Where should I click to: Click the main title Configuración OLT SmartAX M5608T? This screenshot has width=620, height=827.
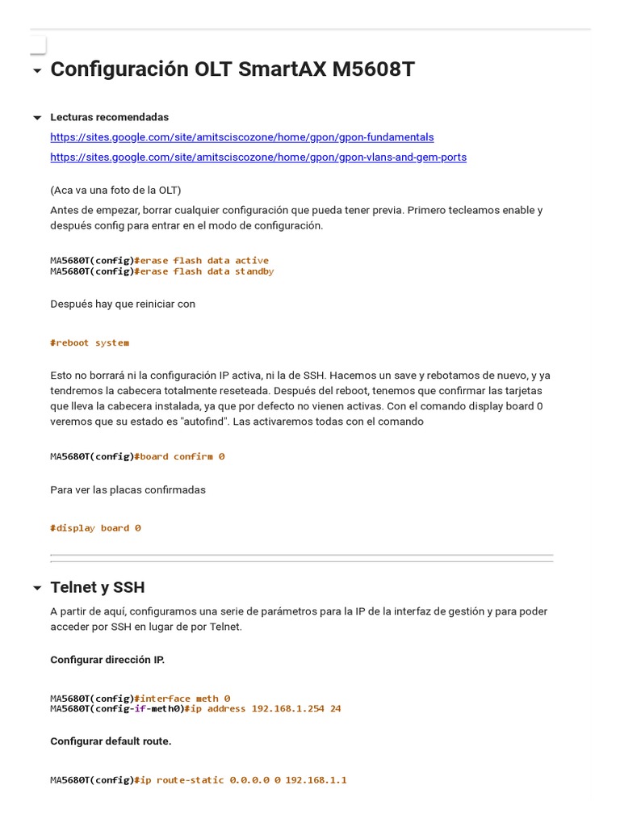[x=232, y=70]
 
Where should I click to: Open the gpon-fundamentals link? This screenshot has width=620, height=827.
[x=242, y=137]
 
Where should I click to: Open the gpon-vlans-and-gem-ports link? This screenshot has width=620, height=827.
[x=258, y=157]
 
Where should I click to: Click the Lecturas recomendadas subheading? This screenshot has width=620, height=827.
[x=110, y=117]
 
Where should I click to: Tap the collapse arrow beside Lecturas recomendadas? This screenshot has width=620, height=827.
[x=37, y=118]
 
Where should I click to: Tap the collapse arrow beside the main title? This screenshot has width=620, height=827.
[x=37, y=71]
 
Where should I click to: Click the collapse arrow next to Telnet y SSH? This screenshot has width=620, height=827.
[x=37, y=588]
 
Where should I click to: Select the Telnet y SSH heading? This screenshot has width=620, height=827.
[x=98, y=587]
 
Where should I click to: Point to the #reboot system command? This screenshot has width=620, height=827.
[x=90, y=343]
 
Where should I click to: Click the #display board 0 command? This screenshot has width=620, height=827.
[x=95, y=528]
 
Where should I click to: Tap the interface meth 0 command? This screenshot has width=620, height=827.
[x=184, y=699]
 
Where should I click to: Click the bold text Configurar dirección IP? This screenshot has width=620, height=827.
[x=107, y=660]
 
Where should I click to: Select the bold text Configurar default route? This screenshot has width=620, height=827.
[x=111, y=741]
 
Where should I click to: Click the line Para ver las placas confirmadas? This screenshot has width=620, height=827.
[x=128, y=490]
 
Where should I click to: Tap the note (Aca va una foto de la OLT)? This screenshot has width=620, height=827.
[x=115, y=191]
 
